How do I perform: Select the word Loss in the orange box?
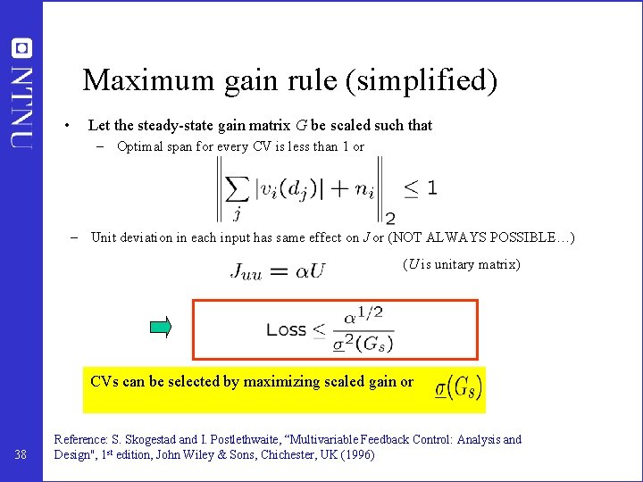[286, 329]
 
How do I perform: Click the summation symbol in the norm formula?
[237, 188]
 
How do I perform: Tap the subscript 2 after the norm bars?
[390, 218]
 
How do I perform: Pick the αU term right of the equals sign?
[309, 270]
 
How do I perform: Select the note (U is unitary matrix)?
[461, 264]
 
